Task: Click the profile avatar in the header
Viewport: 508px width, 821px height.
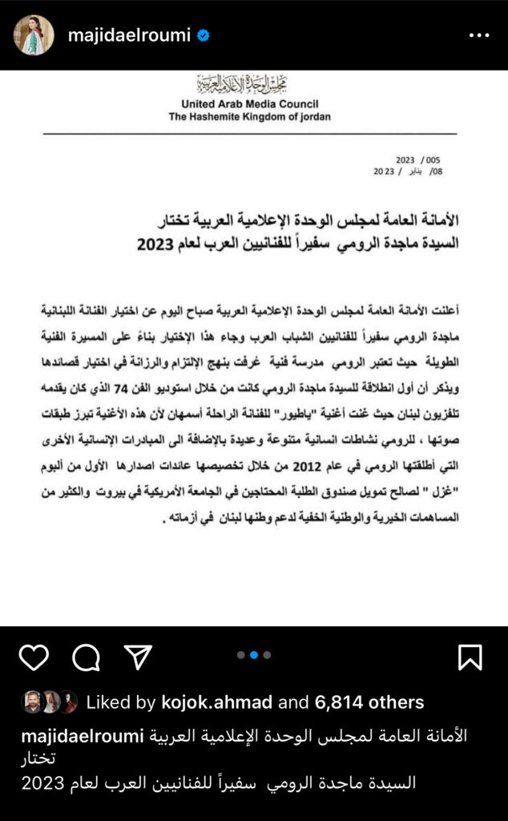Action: coord(34,35)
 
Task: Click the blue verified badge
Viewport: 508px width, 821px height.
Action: coord(203,36)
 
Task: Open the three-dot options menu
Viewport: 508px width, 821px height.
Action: coord(478,35)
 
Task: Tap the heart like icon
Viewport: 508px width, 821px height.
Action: coord(34,657)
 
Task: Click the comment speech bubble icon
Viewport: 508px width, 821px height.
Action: coord(86,657)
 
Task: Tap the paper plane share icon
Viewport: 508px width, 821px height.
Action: coord(138,657)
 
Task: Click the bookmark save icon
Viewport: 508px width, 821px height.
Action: coord(470,657)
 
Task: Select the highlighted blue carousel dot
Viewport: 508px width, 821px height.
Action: coord(253,655)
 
